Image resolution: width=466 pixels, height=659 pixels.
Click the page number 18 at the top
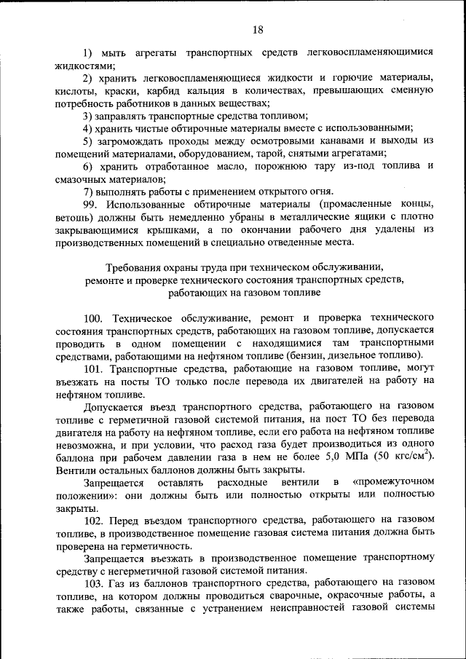[258, 30]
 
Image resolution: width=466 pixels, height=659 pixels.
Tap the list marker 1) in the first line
[88, 53]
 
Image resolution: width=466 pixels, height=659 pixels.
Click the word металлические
[288, 217]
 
